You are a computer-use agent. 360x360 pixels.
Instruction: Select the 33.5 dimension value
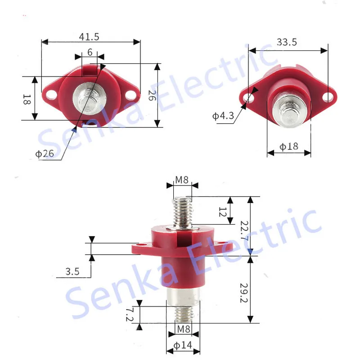287,42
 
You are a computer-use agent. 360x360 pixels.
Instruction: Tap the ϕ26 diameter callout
45,154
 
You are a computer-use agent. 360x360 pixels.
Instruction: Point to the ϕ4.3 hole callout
223,116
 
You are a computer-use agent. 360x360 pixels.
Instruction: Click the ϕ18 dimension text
288,146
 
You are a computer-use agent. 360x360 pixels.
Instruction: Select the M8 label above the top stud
182,180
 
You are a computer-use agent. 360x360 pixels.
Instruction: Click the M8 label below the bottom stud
183,329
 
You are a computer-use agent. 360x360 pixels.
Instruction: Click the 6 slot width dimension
90,52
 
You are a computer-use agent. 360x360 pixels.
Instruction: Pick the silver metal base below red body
182,297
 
